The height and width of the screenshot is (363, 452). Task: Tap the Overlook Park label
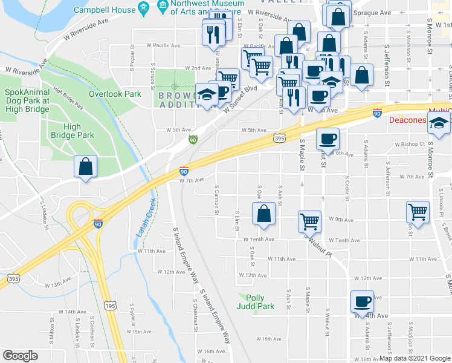(x=115, y=94)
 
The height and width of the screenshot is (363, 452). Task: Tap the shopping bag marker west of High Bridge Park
(x=86, y=168)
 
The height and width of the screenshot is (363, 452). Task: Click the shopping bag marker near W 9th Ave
(x=263, y=214)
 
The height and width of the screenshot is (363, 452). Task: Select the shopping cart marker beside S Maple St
(x=309, y=221)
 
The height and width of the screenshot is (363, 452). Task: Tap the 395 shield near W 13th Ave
(x=13, y=279)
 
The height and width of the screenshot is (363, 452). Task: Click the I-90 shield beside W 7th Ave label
(x=184, y=172)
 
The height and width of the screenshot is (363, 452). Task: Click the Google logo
(x=20, y=356)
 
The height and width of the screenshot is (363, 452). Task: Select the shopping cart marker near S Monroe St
(x=418, y=212)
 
